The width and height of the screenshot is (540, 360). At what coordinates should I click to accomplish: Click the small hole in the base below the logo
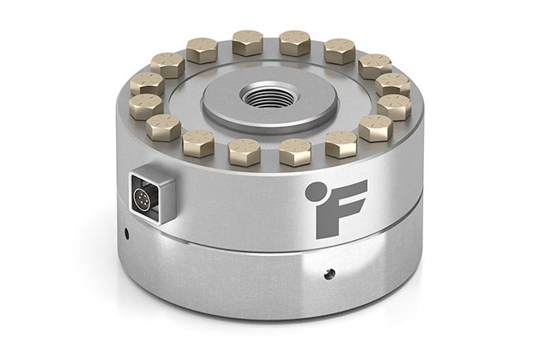pos(330,273)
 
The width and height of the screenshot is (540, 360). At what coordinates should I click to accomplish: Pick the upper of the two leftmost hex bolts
pos(147,83)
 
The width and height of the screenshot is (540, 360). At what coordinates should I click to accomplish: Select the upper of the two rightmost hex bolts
pos(393,83)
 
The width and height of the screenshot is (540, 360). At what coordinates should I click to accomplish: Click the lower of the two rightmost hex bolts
pos(393,105)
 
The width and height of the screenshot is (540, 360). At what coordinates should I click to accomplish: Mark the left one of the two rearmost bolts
pos(248,42)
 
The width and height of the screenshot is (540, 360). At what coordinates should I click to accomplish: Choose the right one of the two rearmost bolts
pos(294,42)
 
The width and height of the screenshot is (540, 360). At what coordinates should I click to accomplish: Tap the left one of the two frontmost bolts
pos(245,150)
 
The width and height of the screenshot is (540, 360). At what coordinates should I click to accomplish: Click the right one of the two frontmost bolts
pos(294,150)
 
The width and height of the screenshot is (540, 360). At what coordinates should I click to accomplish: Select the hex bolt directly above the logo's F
pos(341,144)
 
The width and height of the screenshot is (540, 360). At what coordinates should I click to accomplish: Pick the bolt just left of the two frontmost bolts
pos(197,142)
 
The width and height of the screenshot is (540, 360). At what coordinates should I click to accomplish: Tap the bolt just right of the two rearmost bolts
pos(339,51)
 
